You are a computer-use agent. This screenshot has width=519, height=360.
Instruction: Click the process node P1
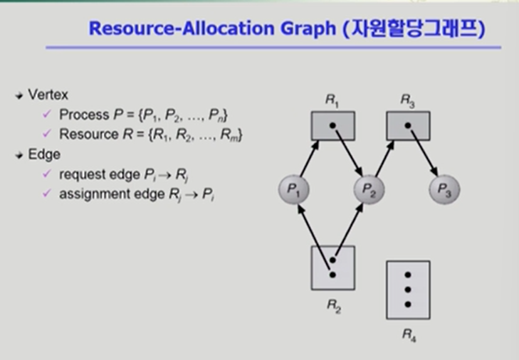(x=294, y=189)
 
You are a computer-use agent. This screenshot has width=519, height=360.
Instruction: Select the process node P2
(x=369, y=189)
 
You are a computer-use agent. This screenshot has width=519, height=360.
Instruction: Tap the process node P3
(x=444, y=190)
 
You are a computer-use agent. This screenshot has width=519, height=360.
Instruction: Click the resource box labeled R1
(x=333, y=125)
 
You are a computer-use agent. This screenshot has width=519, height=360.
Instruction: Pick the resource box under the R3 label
(x=408, y=125)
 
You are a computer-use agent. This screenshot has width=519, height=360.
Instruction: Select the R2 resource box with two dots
(x=332, y=268)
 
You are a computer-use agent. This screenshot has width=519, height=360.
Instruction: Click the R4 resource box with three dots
(x=408, y=290)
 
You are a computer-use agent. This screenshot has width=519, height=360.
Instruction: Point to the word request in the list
(x=80, y=174)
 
